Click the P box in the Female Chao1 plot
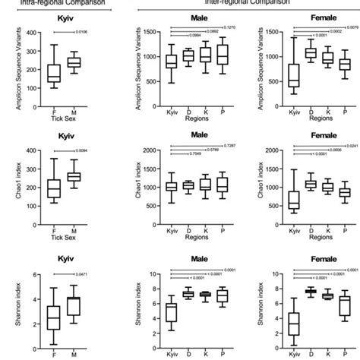(344, 193)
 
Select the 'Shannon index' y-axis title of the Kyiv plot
(11, 313)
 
